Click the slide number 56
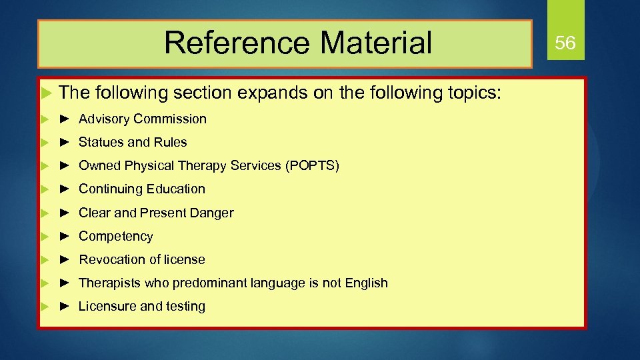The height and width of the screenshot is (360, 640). click(565, 43)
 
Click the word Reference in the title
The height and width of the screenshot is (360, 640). click(237, 43)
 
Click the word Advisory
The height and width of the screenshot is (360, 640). click(104, 119)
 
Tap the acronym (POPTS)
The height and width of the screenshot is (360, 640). click(312, 165)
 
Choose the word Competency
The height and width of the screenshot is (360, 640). click(115, 237)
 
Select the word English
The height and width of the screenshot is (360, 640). click(366, 283)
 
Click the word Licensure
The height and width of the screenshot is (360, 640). click(107, 307)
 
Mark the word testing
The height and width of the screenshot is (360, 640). click(185, 307)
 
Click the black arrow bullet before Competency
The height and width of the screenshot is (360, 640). click(65, 237)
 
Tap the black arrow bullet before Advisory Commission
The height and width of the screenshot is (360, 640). click(65, 119)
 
